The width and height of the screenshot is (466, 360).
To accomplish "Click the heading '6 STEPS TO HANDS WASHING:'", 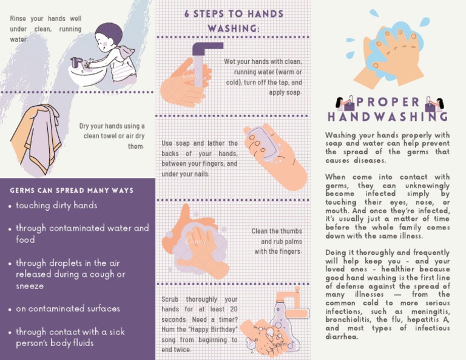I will [x=233, y=21].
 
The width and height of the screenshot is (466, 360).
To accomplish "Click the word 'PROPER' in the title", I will [x=388, y=102].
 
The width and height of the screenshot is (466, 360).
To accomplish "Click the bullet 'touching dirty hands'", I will [x=56, y=206].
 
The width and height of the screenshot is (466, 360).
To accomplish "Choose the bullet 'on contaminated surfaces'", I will [x=68, y=308].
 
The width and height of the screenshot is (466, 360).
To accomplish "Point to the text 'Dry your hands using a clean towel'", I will [x=112, y=131].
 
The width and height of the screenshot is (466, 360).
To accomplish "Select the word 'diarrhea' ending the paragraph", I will [x=342, y=336].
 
